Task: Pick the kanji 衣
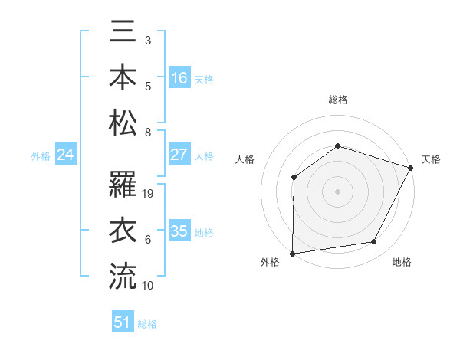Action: (x=123, y=231)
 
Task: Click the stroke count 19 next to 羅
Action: (x=149, y=194)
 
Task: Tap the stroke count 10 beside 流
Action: (x=149, y=285)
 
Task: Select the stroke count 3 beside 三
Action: (x=148, y=40)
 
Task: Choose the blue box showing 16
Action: (x=179, y=77)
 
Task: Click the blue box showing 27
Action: (x=179, y=155)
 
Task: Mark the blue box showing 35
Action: (x=179, y=231)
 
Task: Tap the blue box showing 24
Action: (x=66, y=155)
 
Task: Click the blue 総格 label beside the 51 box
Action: (x=147, y=324)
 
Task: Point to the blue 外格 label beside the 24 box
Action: (x=41, y=156)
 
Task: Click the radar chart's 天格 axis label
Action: (x=431, y=159)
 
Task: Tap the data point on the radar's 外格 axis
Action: (x=292, y=254)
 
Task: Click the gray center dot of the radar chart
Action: (x=337, y=191)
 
